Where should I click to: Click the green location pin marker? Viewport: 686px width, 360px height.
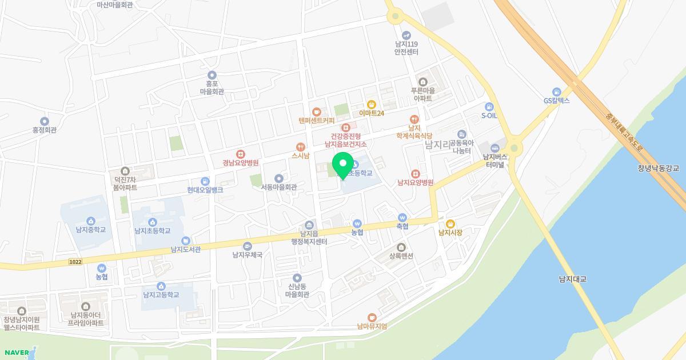(343, 165)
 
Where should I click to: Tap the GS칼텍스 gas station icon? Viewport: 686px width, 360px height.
(556, 92)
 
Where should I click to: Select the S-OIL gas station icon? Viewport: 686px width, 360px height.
(489, 107)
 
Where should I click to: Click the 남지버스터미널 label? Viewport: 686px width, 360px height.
(495, 161)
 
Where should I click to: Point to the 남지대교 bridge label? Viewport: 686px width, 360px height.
(573, 279)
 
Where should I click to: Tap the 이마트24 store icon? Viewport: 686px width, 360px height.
(372, 105)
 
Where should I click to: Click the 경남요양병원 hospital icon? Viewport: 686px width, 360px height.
(241, 154)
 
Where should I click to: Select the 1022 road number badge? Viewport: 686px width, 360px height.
(74, 262)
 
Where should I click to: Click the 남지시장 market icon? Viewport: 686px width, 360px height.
(450, 224)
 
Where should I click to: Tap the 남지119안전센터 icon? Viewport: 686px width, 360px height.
(406, 35)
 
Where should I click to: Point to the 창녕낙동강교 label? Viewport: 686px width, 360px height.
(657, 169)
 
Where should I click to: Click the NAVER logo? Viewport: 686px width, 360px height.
(15, 352)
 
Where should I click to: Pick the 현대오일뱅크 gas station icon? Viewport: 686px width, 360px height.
(205, 181)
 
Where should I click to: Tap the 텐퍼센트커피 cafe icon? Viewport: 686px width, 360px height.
(316, 112)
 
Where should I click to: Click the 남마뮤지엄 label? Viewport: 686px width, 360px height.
(372, 326)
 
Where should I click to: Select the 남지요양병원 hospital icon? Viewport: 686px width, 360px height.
(416, 174)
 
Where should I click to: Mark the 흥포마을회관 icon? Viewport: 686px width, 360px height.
(212, 75)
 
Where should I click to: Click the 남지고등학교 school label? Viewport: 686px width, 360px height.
(161, 295)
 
